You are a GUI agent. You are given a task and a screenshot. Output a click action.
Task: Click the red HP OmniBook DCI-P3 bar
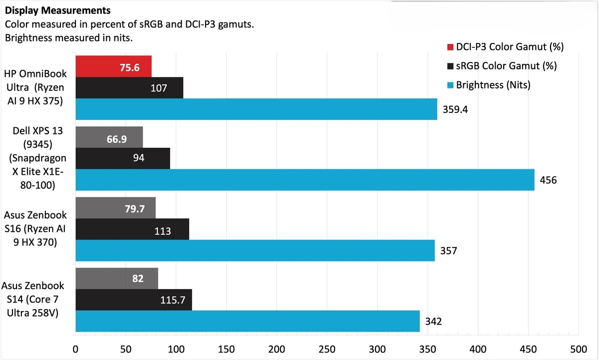(113, 67)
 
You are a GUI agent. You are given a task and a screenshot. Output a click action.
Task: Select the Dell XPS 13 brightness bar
(304, 180)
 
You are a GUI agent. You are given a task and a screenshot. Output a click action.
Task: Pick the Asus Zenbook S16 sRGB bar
(132, 229)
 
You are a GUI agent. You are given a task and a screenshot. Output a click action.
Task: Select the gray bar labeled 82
(117, 279)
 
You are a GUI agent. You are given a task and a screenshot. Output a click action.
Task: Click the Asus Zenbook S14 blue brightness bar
(247, 321)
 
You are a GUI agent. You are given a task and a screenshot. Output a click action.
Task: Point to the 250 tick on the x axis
(327, 348)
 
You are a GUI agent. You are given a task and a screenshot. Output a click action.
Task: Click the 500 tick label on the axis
(578, 348)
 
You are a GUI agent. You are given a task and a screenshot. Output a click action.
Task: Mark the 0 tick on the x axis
(75, 348)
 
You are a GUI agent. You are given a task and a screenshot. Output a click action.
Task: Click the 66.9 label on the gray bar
(116, 138)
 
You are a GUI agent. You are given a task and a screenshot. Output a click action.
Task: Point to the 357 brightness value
(448, 251)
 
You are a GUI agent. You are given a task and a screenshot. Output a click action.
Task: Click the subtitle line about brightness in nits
(68, 38)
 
